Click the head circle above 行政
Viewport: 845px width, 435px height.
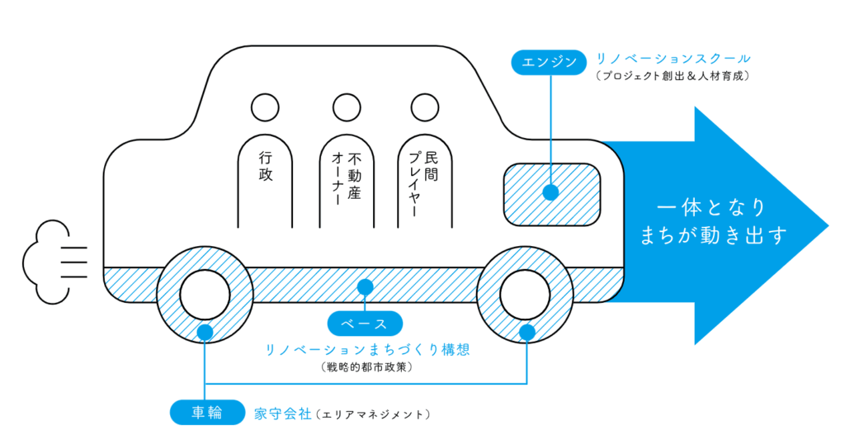(265, 107)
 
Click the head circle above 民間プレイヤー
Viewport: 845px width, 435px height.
(423, 107)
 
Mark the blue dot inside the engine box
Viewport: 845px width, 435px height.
(550, 193)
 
